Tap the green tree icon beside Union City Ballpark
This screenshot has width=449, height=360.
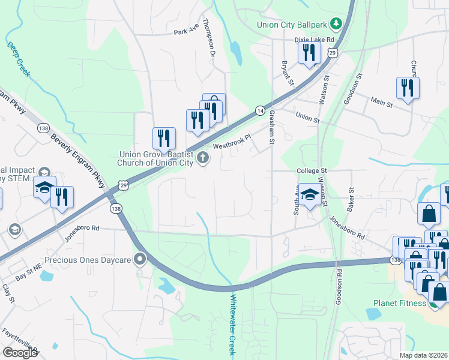click(x=337, y=24)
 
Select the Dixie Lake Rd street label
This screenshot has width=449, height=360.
click(x=313, y=39)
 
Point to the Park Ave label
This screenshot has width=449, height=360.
click(x=185, y=32)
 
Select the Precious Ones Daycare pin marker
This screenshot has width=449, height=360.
click(x=140, y=259)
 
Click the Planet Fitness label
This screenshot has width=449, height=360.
click(x=399, y=303)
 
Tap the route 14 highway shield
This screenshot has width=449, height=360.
click(x=259, y=110)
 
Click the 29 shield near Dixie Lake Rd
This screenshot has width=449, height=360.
click(x=332, y=53)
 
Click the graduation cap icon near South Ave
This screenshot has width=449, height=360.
click(x=310, y=195)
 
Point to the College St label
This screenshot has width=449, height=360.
click(x=311, y=171)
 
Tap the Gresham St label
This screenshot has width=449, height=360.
click(x=271, y=127)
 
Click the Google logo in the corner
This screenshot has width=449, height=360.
click(x=20, y=352)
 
